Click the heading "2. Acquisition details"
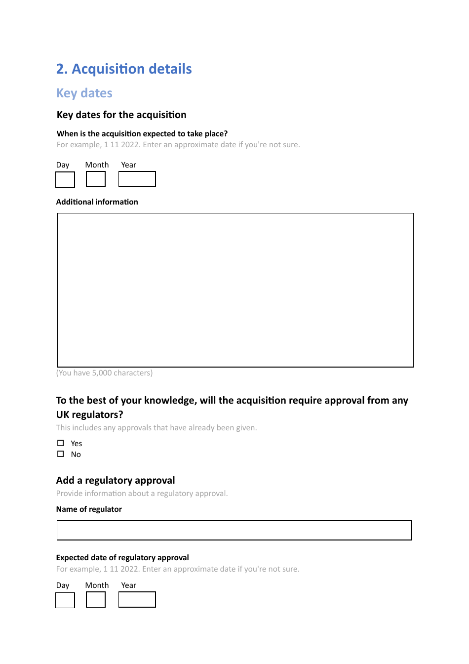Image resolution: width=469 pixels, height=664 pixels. pos(124,69)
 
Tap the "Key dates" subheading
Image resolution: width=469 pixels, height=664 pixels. pos(84,93)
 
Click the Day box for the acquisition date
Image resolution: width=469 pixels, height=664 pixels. pos(65,179)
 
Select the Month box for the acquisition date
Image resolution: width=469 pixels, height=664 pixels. pos(96,179)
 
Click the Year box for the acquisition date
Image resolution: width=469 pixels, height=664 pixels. pos(137,179)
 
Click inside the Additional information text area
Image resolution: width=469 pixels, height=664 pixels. pos(235,290)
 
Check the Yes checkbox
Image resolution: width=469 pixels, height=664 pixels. pos(61,443)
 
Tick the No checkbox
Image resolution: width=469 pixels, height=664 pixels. pos(61,454)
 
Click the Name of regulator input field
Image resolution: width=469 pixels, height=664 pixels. pos(234,530)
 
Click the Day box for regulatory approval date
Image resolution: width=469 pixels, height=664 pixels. pos(65,600)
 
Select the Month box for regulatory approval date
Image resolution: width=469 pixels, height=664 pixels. pos(96,600)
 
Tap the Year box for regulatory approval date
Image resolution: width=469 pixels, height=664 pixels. pos(137,600)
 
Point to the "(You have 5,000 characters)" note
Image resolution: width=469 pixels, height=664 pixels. pos(105,373)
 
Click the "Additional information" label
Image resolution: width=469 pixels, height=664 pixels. pos(97,202)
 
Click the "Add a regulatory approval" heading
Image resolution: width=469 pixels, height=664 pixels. pos(116,481)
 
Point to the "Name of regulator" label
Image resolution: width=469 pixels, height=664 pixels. pos(89,509)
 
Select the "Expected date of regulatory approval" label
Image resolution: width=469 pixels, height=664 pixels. pos(122,558)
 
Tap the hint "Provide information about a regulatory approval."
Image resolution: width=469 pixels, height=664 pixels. pos(142,494)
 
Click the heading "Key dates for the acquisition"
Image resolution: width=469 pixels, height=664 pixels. pos(121,115)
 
